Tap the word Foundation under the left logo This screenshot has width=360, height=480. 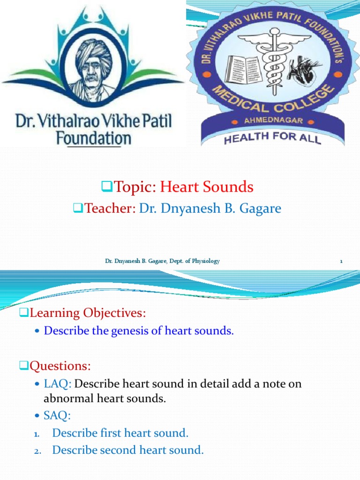tap(93, 138)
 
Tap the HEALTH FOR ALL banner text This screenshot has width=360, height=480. tap(272, 138)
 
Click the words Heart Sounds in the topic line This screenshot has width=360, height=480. tap(207, 187)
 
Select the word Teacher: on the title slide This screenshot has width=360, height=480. tap(110, 208)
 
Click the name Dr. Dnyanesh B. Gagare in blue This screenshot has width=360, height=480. tap(210, 208)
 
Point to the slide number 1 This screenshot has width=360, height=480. tap(341, 262)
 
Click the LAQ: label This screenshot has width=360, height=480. tap(58, 384)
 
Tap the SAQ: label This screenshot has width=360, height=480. tap(57, 415)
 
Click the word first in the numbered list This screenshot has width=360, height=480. tap(112, 433)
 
